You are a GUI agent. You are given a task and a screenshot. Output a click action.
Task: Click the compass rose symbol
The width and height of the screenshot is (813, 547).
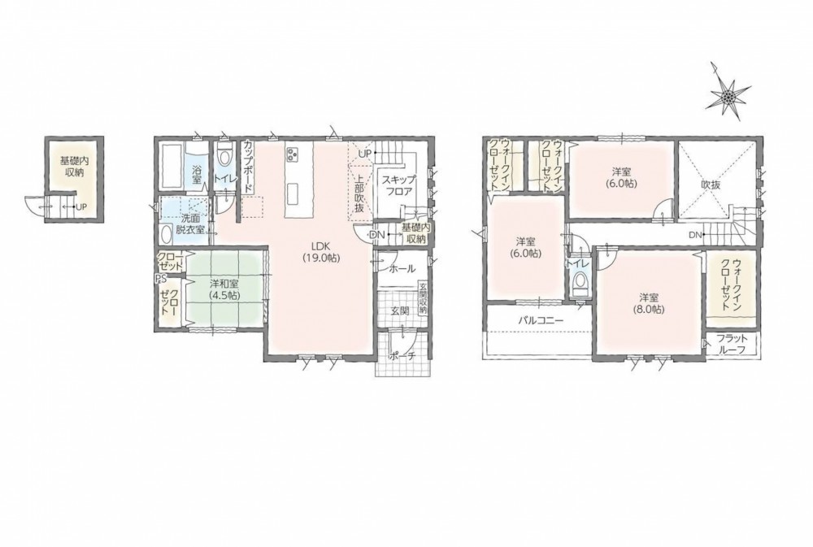pyautogui.click(x=728, y=96)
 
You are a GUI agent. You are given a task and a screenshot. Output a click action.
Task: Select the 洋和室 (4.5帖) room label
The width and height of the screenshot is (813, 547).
pyautogui.click(x=224, y=289)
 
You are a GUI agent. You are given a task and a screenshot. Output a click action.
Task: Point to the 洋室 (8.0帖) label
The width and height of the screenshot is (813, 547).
pyautogui.click(x=649, y=303)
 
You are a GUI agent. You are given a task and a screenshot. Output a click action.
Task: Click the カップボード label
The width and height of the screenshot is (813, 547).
pyautogui.click(x=247, y=165)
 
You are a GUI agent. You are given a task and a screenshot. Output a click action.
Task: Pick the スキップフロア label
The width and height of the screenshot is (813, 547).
pyautogui.click(x=398, y=185)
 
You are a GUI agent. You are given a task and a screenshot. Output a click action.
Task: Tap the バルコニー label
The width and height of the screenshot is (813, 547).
pyautogui.click(x=541, y=320)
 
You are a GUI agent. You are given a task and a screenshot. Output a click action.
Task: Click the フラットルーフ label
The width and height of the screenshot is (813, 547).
pyautogui.click(x=731, y=343)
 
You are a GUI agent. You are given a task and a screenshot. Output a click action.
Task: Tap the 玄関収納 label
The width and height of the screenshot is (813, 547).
pyautogui.click(x=423, y=298)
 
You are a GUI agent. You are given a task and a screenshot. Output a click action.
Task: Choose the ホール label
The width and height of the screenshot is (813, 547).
pyautogui.click(x=402, y=269)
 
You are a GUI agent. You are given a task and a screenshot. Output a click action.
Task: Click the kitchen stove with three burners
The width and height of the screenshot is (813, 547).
pyautogui.click(x=292, y=154)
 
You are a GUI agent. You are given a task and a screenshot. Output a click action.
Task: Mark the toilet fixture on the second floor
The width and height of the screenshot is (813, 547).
pyautogui.click(x=578, y=283)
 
